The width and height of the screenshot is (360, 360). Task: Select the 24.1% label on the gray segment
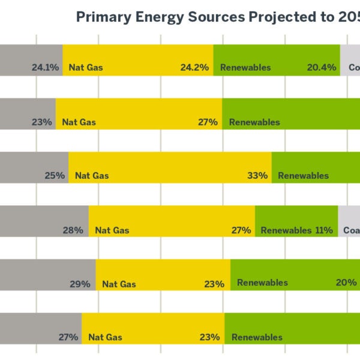[x=46, y=68]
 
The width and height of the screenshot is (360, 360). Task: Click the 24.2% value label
[x=194, y=68]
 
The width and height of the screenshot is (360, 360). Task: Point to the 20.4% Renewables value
[x=322, y=68]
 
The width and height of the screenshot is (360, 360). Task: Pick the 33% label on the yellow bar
[x=257, y=176]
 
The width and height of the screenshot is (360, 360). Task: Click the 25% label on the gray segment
[x=54, y=176]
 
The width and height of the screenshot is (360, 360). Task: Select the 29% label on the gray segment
[x=80, y=284]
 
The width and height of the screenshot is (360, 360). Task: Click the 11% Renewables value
[x=324, y=230]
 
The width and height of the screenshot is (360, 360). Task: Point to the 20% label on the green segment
[x=346, y=283]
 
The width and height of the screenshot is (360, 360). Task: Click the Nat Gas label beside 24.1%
[x=86, y=68]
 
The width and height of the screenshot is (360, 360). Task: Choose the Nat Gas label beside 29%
[x=119, y=284]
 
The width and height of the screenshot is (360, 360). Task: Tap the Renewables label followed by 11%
[x=286, y=230]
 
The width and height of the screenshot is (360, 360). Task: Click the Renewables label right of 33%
[x=303, y=176]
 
